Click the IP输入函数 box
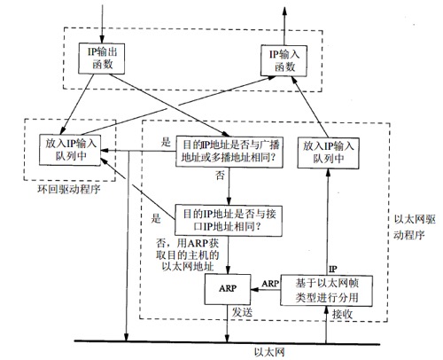tap(287, 60)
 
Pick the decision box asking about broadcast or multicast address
tap(229, 148)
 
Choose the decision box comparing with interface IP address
tap(229, 218)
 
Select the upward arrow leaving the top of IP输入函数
tap(287, 20)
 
